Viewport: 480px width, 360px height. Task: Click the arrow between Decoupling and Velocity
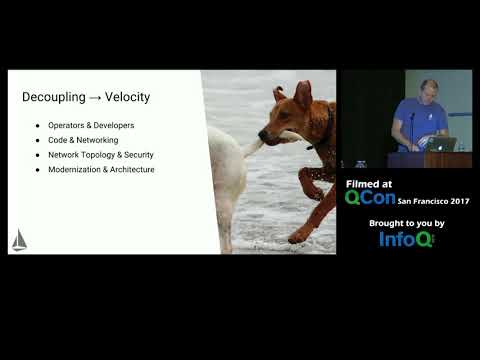93,97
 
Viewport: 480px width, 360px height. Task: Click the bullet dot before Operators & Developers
38,125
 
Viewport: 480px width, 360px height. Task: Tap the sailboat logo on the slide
19,240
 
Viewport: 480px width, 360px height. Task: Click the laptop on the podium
441,143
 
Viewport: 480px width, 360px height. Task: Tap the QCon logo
369,197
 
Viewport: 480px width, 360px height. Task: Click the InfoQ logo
406,238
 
